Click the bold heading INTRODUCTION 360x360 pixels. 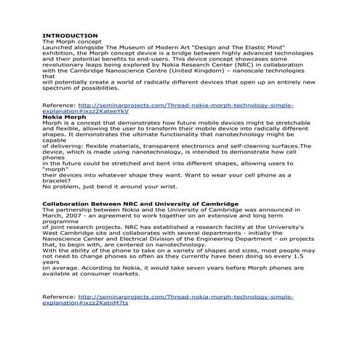coord(70,36)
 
